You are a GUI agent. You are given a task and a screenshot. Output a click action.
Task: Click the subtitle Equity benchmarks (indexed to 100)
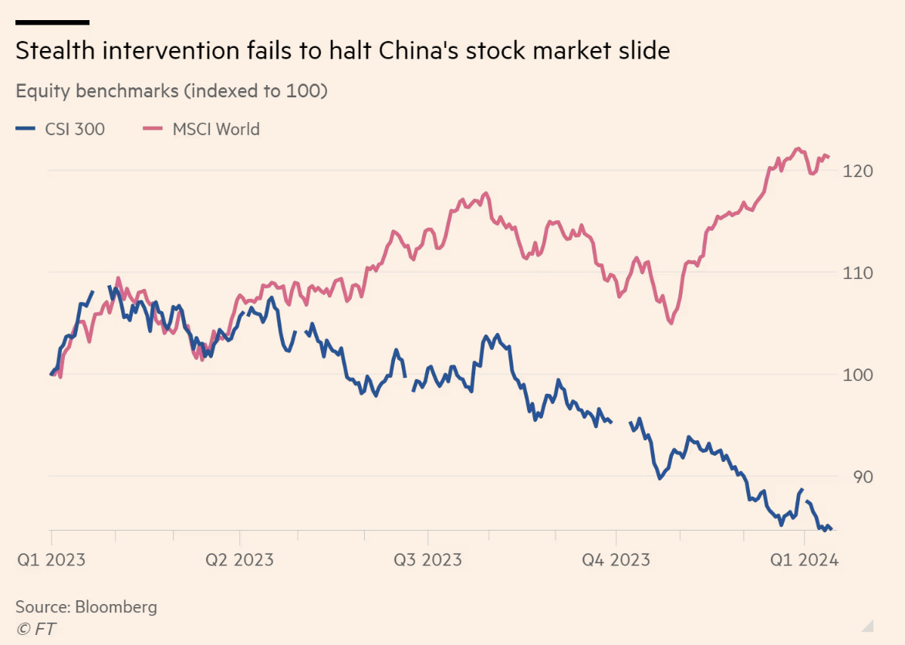pyautogui.click(x=171, y=90)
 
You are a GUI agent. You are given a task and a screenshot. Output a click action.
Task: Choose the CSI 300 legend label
pyautogui.click(x=74, y=129)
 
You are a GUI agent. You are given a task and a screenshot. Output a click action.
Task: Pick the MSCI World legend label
pyautogui.click(x=216, y=129)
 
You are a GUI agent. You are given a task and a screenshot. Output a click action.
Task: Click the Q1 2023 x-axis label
pyautogui.click(x=51, y=559)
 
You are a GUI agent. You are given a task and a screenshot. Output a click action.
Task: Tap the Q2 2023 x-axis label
pyautogui.click(x=239, y=559)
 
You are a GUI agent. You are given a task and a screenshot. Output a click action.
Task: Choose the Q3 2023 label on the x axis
pyautogui.click(x=427, y=559)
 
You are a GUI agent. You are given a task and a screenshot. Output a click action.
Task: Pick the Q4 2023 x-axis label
pyautogui.click(x=616, y=559)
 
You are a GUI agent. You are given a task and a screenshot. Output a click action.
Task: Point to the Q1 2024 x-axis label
pyautogui.click(x=804, y=559)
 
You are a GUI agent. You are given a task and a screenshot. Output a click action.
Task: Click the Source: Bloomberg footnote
pyautogui.click(x=86, y=606)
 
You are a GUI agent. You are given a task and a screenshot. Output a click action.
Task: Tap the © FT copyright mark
pyautogui.click(x=35, y=628)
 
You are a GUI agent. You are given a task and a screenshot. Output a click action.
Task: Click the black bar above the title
pyautogui.click(x=52, y=22)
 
